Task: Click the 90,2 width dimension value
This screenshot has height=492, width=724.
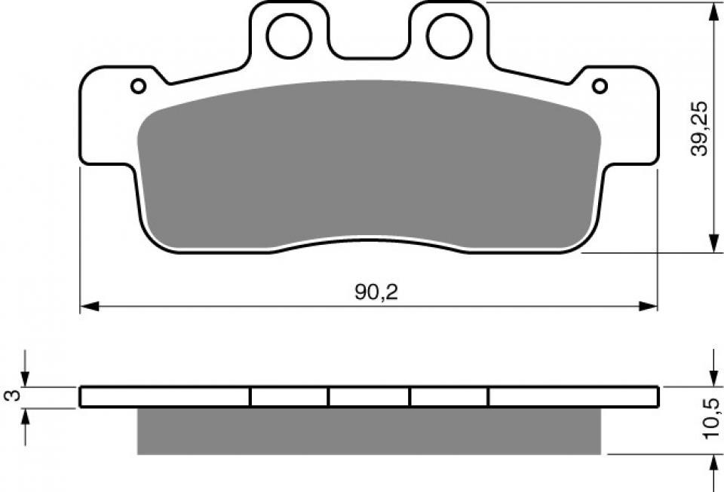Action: pos(376,293)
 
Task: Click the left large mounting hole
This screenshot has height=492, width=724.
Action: pos(288,35)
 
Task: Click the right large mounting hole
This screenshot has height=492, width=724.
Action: pos(449,35)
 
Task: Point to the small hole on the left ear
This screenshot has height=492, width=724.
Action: pos(138,86)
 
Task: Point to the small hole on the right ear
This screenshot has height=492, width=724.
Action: pos(600,86)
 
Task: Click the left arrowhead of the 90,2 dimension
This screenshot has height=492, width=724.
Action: pos(89,307)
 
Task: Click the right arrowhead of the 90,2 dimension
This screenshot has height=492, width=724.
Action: pos(649,307)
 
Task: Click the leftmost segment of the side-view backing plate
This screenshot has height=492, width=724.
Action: pos(164,396)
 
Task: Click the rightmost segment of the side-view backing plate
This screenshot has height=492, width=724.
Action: pos(573,396)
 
